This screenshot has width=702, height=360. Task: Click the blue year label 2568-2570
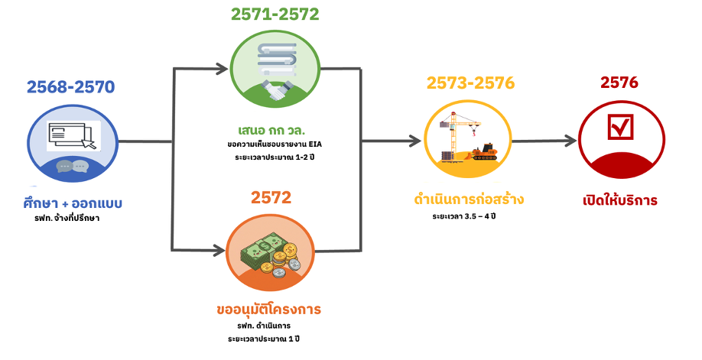[x=70, y=86]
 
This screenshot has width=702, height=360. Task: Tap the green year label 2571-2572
[x=275, y=14]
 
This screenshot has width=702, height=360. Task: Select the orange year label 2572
[x=271, y=198]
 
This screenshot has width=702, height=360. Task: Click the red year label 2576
[x=619, y=83]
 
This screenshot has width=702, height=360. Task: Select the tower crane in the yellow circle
[x=459, y=130]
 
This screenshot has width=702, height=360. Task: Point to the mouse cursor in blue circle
[x=90, y=143]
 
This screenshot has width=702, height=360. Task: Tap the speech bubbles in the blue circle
[x=72, y=167]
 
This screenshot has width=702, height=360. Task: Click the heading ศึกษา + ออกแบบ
[x=73, y=204]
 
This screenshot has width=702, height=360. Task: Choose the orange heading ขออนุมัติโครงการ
[x=268, y=310]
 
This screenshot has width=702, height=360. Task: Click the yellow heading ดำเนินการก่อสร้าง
[x=466, y=200]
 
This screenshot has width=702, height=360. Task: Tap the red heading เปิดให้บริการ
[x=620, y=201]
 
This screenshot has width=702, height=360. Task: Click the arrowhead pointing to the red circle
[x=570, y=141]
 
